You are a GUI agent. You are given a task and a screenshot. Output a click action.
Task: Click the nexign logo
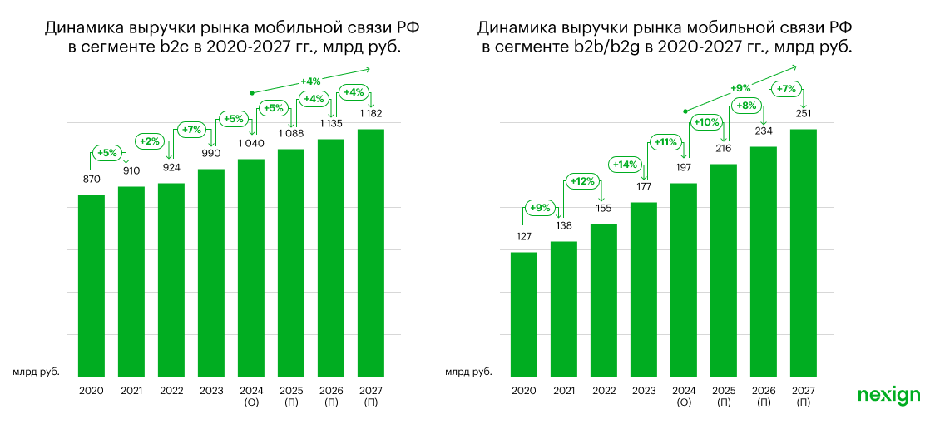(888, 395)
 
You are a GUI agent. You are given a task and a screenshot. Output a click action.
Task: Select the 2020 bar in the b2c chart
(92, 283)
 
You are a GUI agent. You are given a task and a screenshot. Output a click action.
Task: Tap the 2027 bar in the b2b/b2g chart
(803, 249)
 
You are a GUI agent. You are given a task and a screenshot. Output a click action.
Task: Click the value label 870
(92, 179)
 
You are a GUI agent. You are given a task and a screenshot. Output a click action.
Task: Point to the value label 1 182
(371, 113)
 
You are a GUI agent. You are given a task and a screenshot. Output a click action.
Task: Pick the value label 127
(524, 236)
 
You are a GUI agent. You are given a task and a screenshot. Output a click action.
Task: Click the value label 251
(803, 113)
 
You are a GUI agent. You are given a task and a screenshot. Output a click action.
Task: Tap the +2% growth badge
(150, 140)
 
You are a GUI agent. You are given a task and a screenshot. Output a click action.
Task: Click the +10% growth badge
(705, 123)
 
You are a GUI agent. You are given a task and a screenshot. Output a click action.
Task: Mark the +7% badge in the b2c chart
(190, 130)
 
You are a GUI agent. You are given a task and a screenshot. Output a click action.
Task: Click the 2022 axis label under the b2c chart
(171, 391)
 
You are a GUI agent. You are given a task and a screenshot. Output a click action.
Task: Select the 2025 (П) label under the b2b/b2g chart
(724, 396)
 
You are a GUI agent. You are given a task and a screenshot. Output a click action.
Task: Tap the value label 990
(211, 154)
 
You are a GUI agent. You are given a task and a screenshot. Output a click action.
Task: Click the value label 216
(724, 148)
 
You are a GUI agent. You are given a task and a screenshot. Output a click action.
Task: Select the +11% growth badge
(665, 142)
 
